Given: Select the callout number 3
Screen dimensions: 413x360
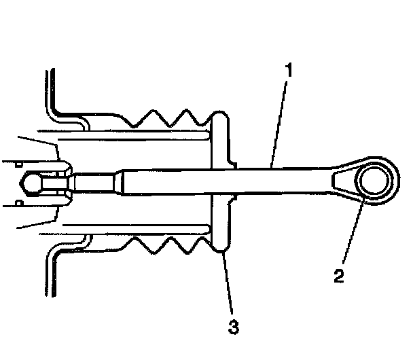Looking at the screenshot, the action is pyautogui.click(x=233, y=327).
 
